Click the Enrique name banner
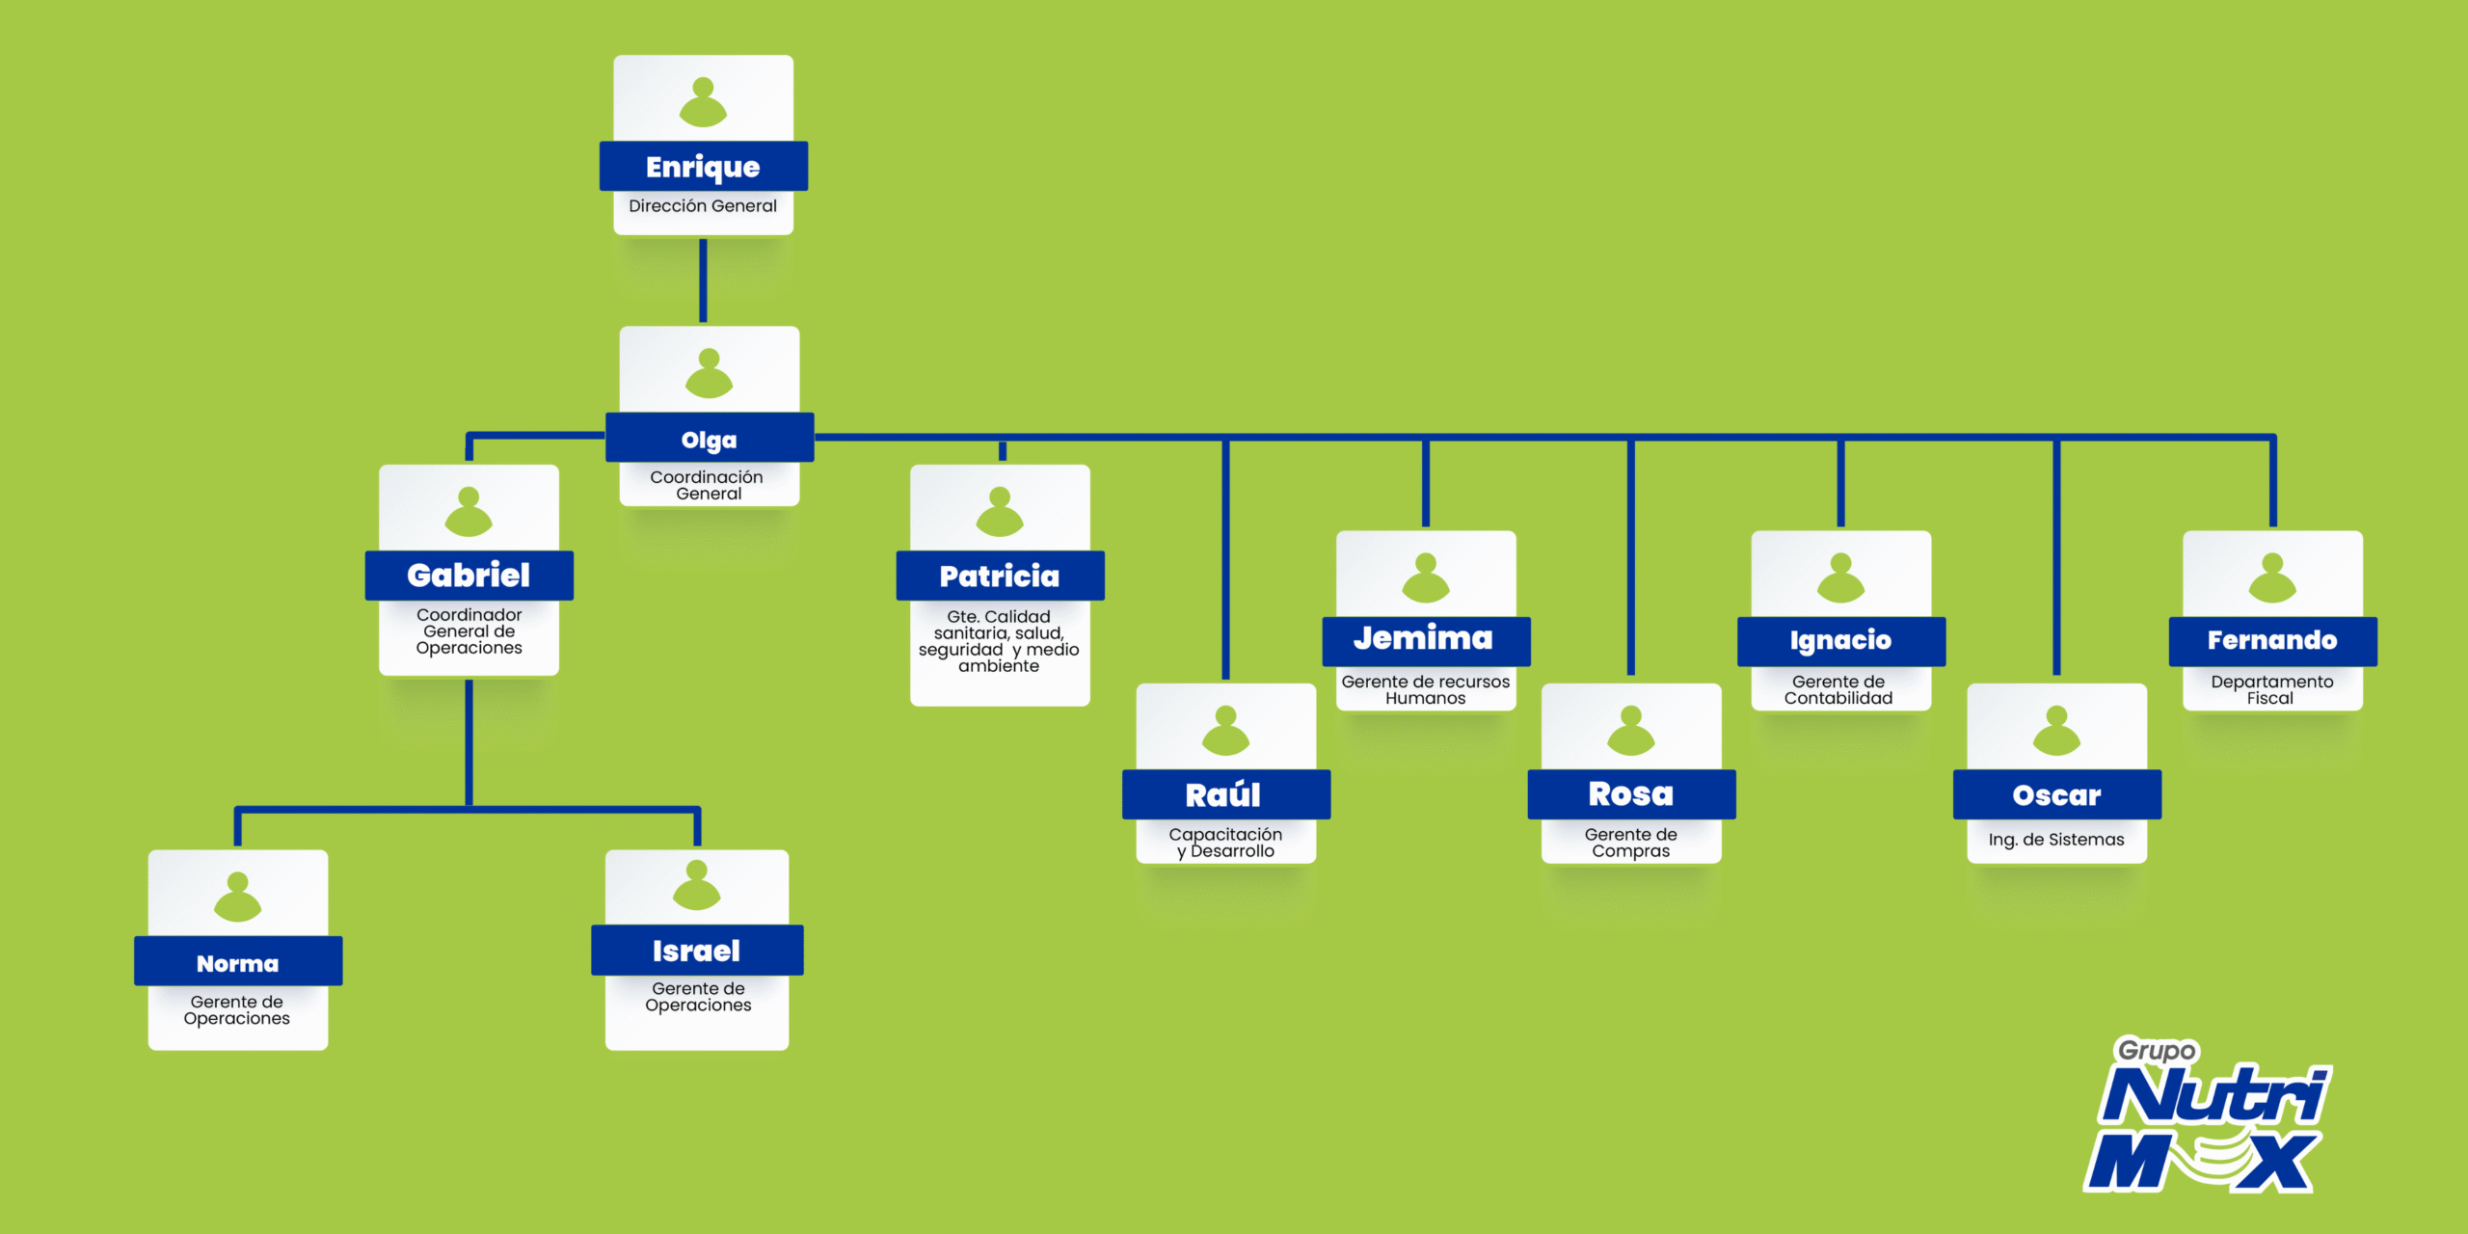tap(703, 167)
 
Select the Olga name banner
tap(709, 439)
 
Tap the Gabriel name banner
tap(469, 576)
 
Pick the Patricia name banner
tap(1000, 576)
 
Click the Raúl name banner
tap(1224, 794)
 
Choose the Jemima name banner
tap(1425, 640)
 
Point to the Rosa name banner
tap(1631, 794)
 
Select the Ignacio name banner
tap(1840, 640)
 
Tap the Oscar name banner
tap(2056, 794)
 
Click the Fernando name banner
tap(2272, 640)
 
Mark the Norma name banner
tap(238, 962)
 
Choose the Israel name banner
tap(696, 951)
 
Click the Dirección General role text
tap(703, 206)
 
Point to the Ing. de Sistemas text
tap(2056, 840)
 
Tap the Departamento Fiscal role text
tap(2272, 689)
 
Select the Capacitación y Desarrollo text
tap(1225, 843)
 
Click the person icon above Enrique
tap(703, 102)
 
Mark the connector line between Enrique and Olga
tap(703, 281)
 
